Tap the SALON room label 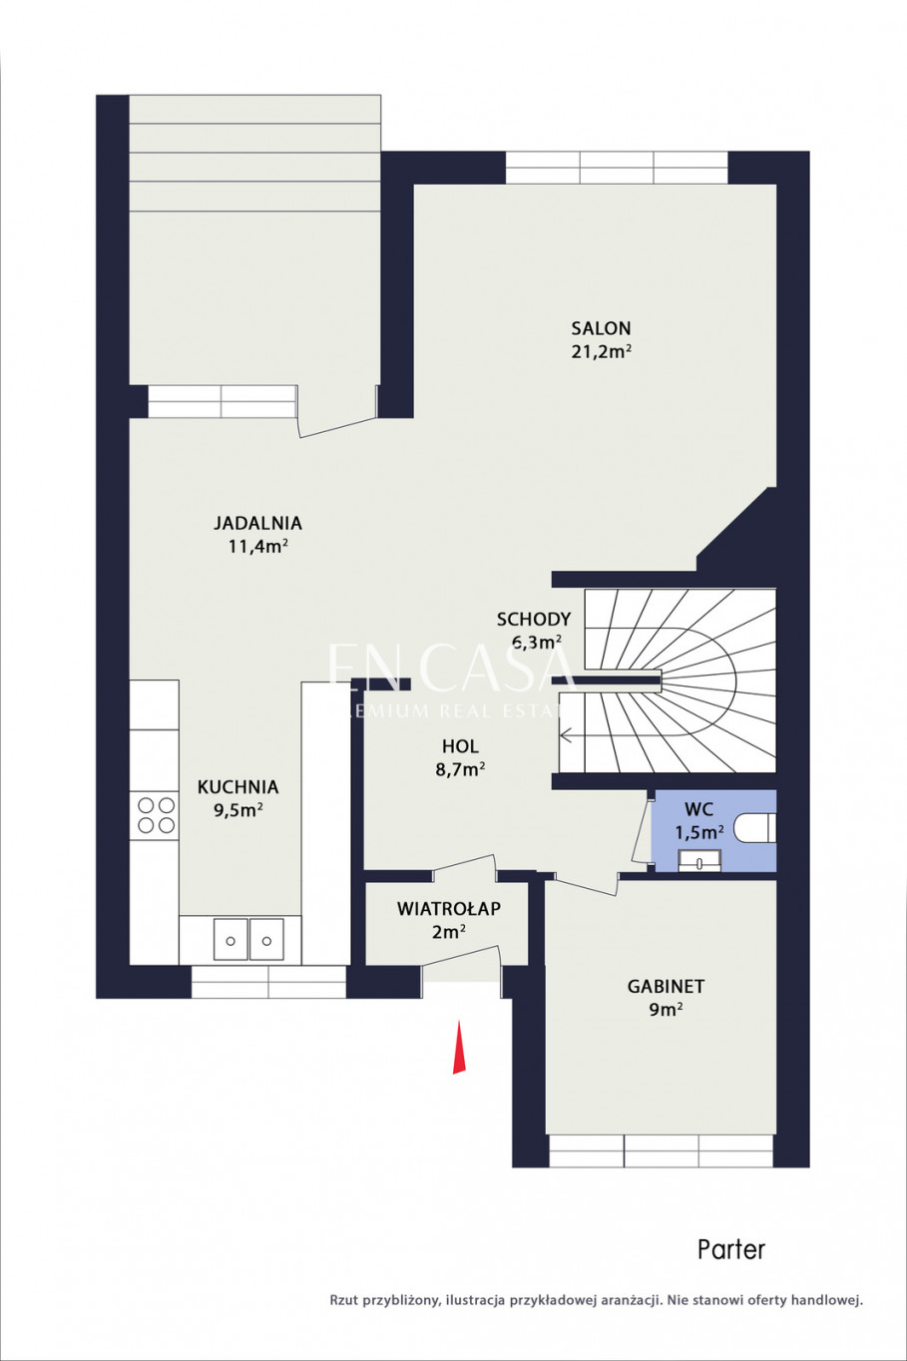[601, 328]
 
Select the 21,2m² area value [601, 352]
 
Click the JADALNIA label [257, 523]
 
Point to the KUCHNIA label [238, 787]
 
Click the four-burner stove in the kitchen [156, 815]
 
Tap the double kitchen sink [248, 939]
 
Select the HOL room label [460, 746]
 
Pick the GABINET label [666, 986]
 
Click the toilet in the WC [755, 829]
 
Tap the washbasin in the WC [699, 861]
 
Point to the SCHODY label [534, 619]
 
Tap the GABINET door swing [586, 882]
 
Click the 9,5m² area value [238, 810]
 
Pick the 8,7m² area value [460, 769]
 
